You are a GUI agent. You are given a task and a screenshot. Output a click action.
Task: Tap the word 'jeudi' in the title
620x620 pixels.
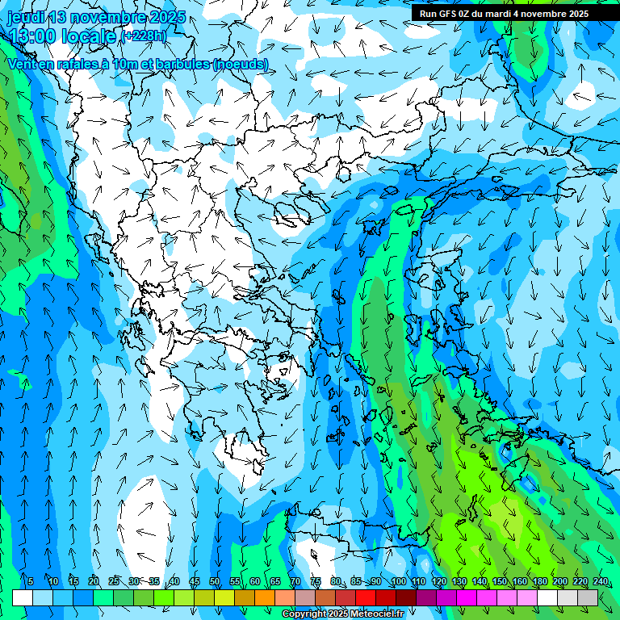click(25, 17)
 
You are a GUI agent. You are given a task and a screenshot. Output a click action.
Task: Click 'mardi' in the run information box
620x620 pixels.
click(503, 14)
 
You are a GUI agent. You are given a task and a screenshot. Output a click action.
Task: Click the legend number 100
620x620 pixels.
click(398, 582)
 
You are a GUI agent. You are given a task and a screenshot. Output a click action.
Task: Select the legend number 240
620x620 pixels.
click(600, 582)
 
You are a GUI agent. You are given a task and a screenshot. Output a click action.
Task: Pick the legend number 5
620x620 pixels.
click(31, 582)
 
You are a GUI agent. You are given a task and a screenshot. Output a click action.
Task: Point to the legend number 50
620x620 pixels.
click(215, 582)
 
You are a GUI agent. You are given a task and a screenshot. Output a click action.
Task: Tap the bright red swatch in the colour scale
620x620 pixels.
click(366, 597)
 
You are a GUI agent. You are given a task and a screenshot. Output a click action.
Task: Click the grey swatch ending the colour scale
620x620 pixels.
click(588, 597)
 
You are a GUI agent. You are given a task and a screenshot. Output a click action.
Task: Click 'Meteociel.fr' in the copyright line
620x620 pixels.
click(390, 614)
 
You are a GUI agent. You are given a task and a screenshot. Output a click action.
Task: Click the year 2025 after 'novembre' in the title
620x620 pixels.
click(167, 17)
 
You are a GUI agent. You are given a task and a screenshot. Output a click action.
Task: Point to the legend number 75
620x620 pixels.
click(316, 582)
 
